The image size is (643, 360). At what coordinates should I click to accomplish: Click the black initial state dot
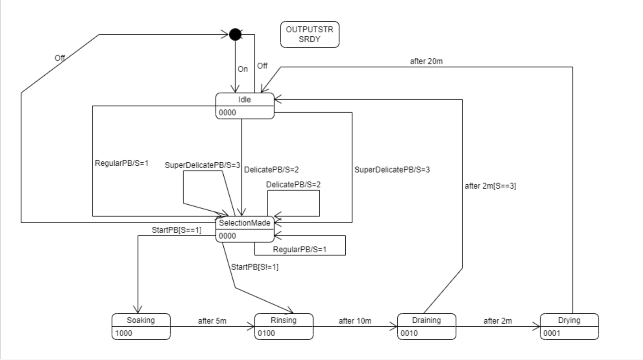[x=235, y=34]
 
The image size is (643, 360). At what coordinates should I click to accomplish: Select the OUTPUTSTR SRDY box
[x=309, y=35]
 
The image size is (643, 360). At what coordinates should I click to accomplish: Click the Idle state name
[x=244, y=100]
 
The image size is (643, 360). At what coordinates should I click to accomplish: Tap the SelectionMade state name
[x=244, y=223]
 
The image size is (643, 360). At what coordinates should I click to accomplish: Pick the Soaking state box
[x=141, y=326]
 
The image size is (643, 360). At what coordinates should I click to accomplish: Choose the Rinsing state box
[x=283, y=326]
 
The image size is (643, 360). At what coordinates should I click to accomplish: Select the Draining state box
[x=426, y=326]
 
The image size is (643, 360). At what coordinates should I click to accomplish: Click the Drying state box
[x=569, y=326]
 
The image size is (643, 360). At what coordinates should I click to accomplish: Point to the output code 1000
[x=124, y=333]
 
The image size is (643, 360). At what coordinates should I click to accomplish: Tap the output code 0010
[x=409, y=333]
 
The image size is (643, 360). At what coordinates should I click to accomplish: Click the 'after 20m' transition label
[x=426, y=61]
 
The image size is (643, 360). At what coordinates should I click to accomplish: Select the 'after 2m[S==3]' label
[x=490, y=186]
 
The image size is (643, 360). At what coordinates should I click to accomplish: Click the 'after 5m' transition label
[x=212, y=321]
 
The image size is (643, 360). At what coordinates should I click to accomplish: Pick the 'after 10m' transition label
[x=355, y=321]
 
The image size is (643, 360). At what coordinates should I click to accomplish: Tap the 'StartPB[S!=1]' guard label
[x=255, y=267]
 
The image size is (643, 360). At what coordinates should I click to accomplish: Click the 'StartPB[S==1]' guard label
[x=177, y=230]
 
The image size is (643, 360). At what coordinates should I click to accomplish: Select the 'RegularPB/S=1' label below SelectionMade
[x=299, y=250]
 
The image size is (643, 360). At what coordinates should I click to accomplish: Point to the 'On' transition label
[x=243, y=69]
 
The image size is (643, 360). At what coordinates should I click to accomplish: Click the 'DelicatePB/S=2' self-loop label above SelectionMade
[x=293, y=185]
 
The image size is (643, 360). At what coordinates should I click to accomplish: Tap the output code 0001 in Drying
[x=552, y=333]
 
